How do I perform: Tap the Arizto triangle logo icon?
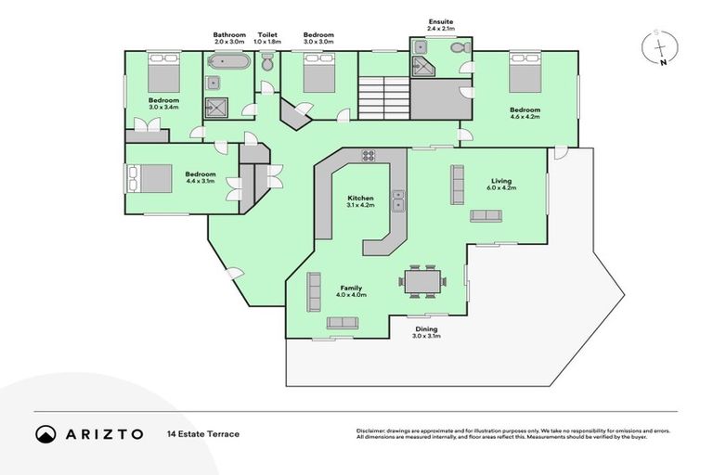(x=45, y=434)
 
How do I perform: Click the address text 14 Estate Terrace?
(x=203, y=434)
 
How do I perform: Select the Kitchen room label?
(x=360, y=199)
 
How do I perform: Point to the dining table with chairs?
(x=423, y=281)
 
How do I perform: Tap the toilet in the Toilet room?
(x=266, y=64)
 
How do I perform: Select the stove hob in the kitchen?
(x=368, y=156)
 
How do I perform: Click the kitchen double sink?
(x=398, y=197)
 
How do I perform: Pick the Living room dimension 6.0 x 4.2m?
(x=500, y=188)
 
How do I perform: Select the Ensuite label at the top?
(x=441, y=22)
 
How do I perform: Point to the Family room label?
(x=351, y=288)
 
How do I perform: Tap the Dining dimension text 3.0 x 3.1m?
(x=426, y=336)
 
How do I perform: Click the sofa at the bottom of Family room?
(x=342, y=322)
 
